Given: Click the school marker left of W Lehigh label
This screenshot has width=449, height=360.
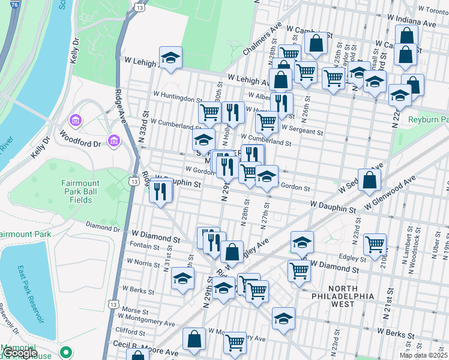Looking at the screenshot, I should click(x=170, y=58).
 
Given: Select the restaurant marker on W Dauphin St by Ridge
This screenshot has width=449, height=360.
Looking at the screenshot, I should click(x=160, y=191).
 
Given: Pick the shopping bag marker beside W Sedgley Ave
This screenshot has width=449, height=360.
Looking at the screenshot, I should click(x=369, y=179).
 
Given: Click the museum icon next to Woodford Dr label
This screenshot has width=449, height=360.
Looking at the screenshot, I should click(x=113, y=140).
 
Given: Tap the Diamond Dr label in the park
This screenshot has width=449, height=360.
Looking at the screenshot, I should click(x=103, y=227).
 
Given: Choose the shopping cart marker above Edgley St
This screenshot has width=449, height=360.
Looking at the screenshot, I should click(x=374, y=243).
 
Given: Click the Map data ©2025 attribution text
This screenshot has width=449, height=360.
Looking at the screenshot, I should click(x=424, y=355).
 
